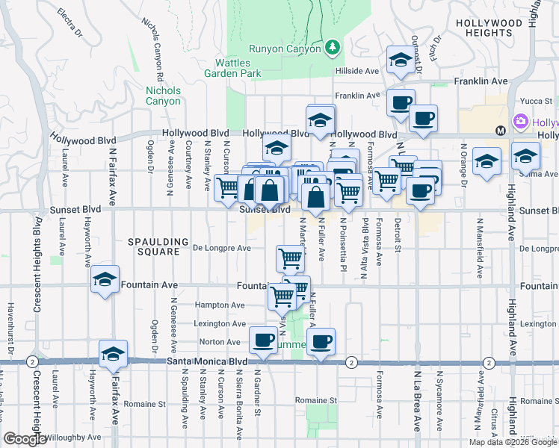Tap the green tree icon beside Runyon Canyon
click(x=333, y=49)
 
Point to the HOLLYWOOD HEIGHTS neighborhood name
click(x=489, y=28)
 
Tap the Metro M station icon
click(x=500, y=131)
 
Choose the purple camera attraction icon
click(x=520, y=121)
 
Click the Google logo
click(x=25, y=439)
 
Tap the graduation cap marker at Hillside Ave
click(x=401, y=60)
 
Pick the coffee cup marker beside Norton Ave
click(x=262, y=340)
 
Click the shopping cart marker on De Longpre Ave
click(x=290, y=258)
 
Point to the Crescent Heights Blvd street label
click(x=36, y=265)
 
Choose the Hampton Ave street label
click(x=220, y=305)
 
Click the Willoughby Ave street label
click(x=73, y=438)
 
